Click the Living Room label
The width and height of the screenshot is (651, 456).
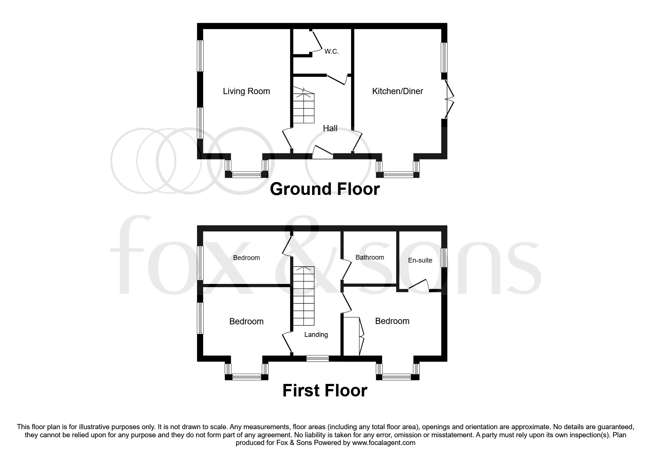(x=246, y=91)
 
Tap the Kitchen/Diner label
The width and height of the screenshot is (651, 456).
(x=397, y=91)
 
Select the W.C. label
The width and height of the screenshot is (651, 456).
(x=331, y=51)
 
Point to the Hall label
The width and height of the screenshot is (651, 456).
(x=330, y=128)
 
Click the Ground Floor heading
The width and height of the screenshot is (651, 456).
(x=325, y=189)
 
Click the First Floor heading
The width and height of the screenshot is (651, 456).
(x=325, y=391)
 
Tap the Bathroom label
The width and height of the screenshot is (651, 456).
(x=369, y=257)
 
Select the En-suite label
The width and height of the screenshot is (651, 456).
(x=420, y=260)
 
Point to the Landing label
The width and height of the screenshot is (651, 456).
(x=316, y=335)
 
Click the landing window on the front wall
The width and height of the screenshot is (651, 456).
(x=318, y=358)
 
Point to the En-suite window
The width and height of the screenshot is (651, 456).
(x=444, y=258)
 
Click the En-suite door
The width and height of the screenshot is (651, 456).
(x=419, y=285)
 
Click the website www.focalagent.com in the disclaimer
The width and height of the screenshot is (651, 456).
(x=383, y=443)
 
